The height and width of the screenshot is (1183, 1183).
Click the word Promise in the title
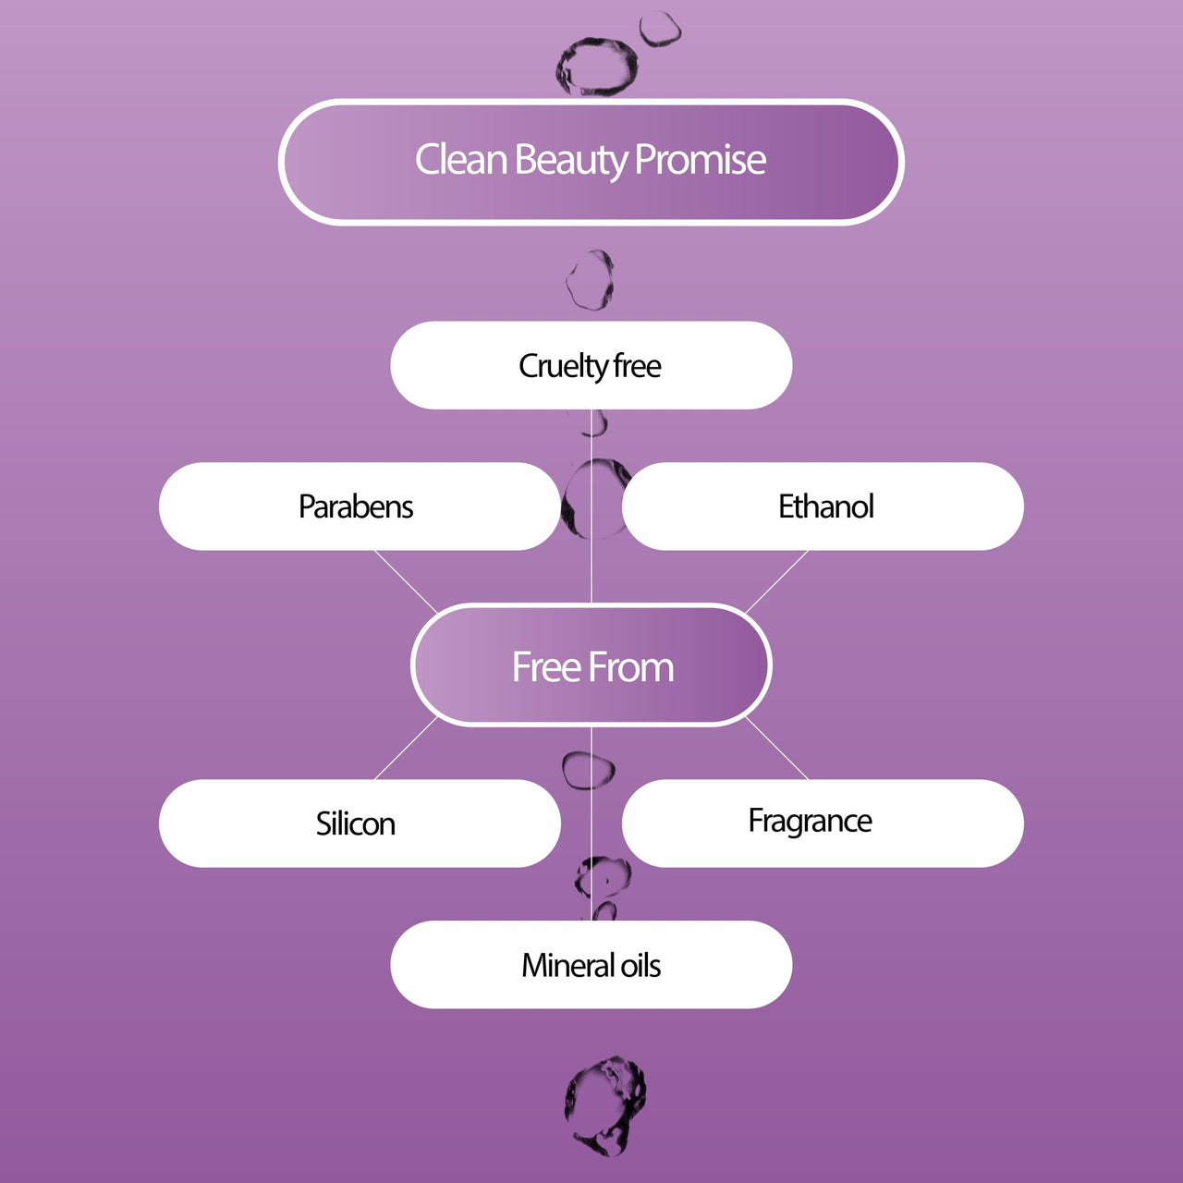[701, 160]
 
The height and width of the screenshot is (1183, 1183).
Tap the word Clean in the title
[460, 160]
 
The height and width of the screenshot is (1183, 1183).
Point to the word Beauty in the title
[570, 160]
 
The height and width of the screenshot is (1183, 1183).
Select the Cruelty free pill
[591, 366]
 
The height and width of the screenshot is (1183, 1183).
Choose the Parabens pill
[356, 506]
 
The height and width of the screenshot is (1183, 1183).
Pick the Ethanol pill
[825, 506]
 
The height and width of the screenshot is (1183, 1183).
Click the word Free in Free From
[546, 667]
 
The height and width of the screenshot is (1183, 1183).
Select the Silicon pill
[356, 823]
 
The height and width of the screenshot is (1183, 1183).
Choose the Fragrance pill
[810, 822]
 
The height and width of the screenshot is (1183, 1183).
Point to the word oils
[640, 966]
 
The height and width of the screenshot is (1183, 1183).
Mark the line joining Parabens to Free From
[405, 580]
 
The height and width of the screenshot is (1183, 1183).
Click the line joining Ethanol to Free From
[776, 580]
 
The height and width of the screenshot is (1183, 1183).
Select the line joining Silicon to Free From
[405, 749]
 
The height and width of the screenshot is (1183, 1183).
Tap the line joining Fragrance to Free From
[776, 749]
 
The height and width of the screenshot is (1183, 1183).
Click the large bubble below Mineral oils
[606, 1104]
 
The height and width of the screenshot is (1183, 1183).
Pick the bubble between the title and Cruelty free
[590, 280]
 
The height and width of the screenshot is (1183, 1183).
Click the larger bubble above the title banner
[597, 67]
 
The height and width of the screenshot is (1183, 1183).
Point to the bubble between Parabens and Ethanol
[591, 499]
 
